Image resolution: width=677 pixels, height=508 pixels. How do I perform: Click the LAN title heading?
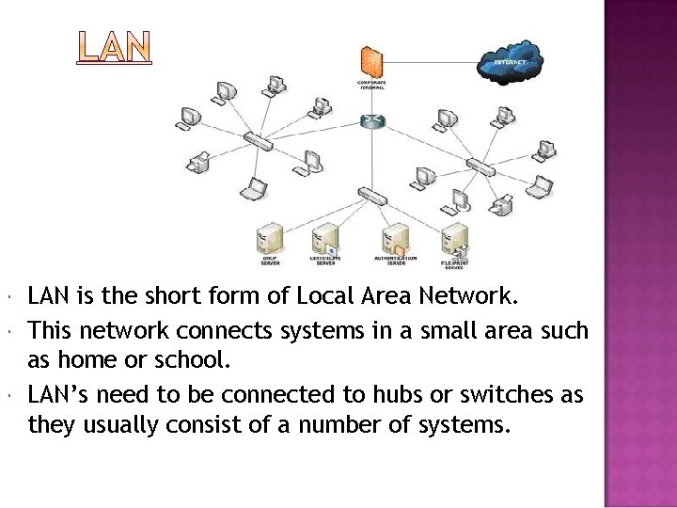pos(114,48)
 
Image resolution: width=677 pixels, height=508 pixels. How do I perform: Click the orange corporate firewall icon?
pos(372,61)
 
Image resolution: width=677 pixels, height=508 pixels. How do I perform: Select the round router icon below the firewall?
pos(372,121)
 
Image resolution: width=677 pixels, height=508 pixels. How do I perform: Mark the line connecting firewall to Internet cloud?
pos(433,63)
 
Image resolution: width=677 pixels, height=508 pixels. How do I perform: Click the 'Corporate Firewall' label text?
pos(372,86)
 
